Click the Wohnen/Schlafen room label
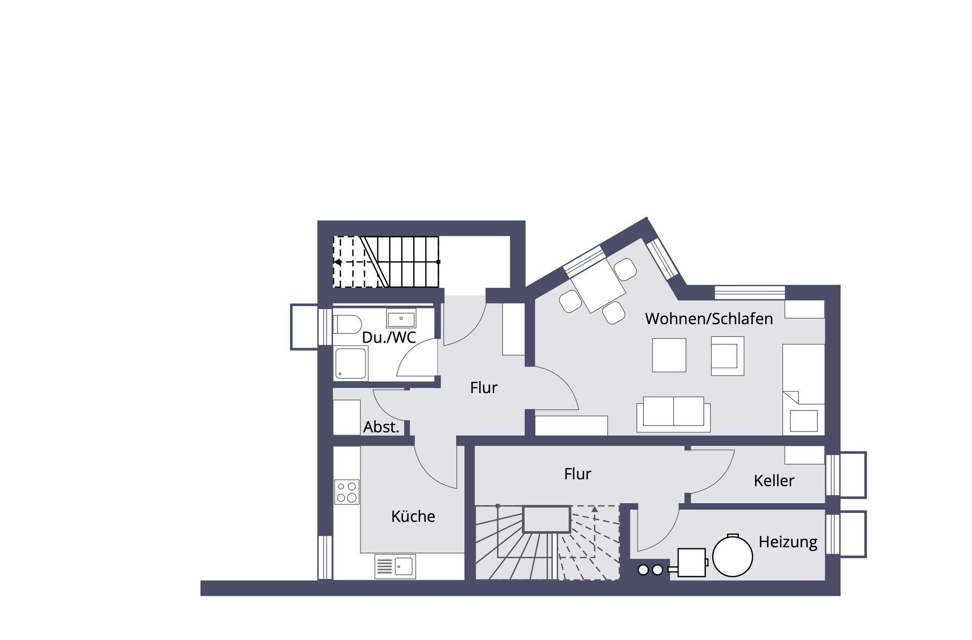(x=709, y=319)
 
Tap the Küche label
(x=413, y=516)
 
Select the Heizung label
(x=788, y=542)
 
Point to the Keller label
(x=774, y=481)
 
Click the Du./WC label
(x=389, y=337)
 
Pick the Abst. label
(x=381, y=427)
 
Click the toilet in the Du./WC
(x=347, y=324)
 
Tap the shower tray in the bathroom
(x=350, y=363)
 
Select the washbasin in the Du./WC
(x=401, y=319)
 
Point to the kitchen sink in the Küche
(x=395, y=567)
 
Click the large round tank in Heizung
(x=733, y=556)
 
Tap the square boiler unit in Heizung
(x=692, y=563)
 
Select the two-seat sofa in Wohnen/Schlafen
(x=673, y=414)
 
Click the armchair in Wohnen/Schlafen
(x=727, y=356)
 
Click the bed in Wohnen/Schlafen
(x=803, y=390)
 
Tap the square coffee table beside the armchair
(x=669, y=355)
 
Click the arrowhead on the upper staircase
(x=337, y=262)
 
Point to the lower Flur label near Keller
(x=578, y=474)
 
